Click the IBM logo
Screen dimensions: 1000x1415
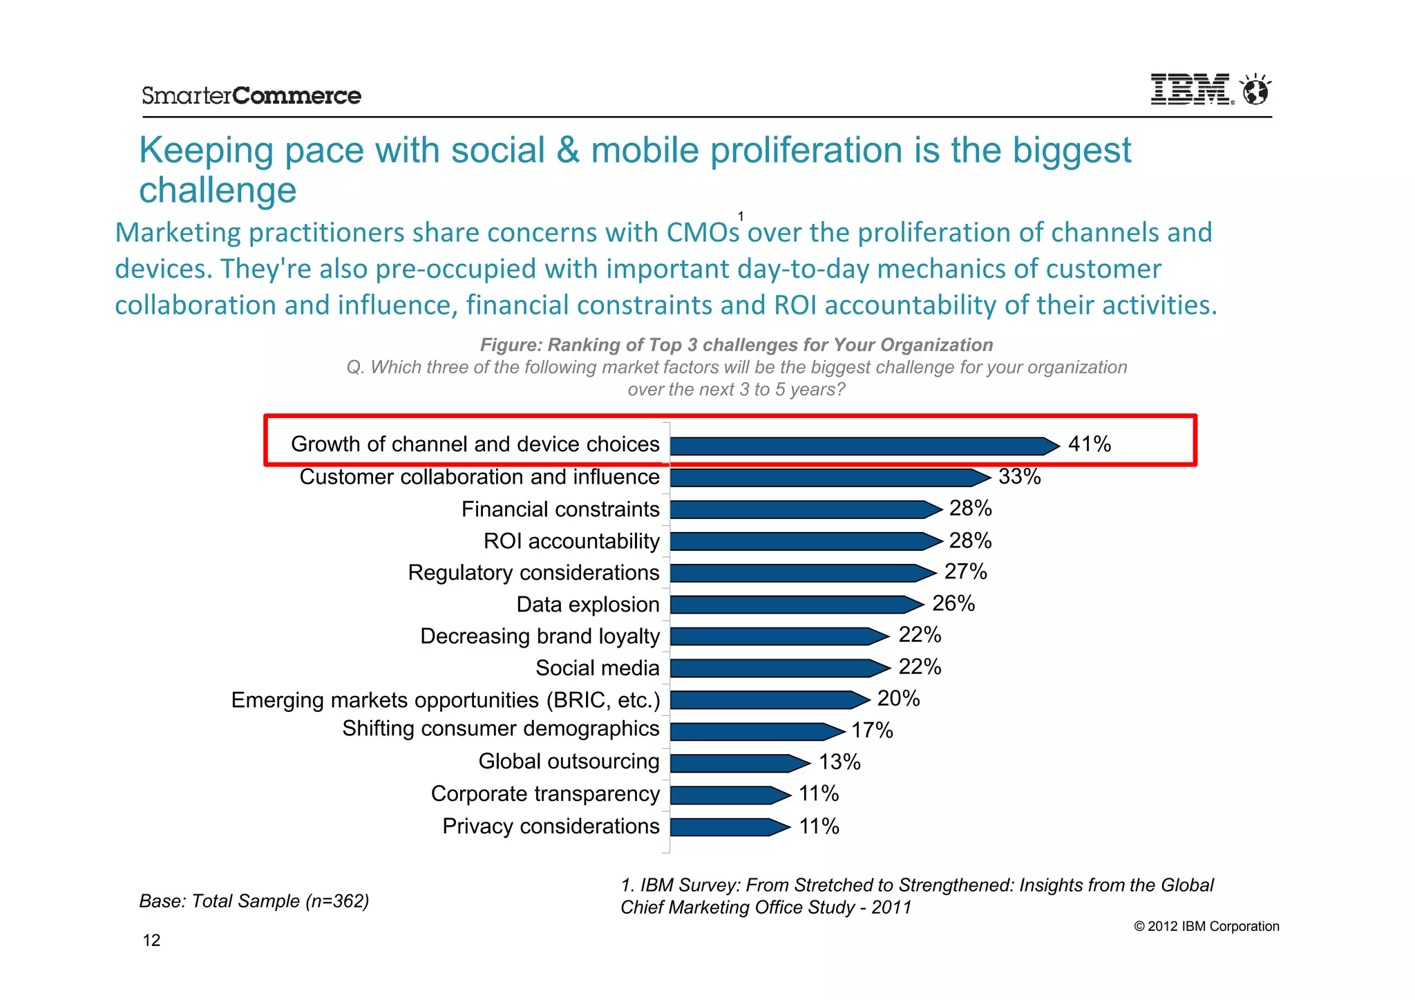pos(1190,90)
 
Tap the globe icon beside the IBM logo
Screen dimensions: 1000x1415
pos(1255,90)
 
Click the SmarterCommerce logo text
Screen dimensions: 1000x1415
pos(251,95)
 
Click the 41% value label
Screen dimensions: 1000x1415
pos(1089,444)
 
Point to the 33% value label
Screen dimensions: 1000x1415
pos(1019,476)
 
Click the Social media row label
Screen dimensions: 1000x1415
pos(597,668)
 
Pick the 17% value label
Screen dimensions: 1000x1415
pos(872,730)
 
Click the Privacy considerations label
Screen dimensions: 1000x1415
pos(551,826)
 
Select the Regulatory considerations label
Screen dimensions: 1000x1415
pos(533,572)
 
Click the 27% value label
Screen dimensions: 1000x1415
pos(965,572)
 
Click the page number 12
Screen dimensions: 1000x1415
pos(151,940)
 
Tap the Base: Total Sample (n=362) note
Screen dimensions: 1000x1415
pos(254,900)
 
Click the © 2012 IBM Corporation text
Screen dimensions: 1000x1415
pos(1206,926)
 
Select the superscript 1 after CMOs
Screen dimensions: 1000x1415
pos(741,216)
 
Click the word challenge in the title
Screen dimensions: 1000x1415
pos(218,190)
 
